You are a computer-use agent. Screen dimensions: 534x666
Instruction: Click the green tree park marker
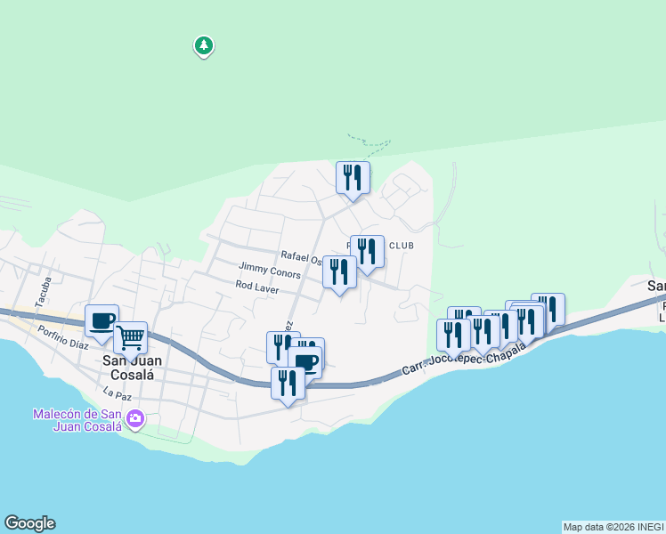(204, 45)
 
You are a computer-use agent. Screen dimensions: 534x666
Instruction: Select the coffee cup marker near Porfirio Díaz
(102, 322)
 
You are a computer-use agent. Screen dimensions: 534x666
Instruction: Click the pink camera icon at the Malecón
(135, 418)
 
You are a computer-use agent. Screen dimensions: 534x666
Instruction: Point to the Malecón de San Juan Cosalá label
(77, 420)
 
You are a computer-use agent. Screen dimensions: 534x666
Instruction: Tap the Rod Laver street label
(257, 287)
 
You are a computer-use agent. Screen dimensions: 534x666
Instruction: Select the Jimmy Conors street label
(269, 267)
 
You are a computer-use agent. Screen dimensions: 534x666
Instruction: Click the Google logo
(29, 523)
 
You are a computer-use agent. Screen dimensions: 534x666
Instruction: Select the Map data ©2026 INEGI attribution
(613, 527)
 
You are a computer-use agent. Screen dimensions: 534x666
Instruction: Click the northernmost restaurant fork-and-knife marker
(353, 178)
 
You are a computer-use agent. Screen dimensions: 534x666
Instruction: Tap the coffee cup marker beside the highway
(305, 362)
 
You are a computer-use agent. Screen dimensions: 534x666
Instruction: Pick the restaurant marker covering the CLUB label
(367, 252)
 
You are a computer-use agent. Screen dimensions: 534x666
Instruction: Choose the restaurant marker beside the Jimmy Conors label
(339, 271)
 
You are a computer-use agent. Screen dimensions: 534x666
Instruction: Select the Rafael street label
(299, 255)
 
